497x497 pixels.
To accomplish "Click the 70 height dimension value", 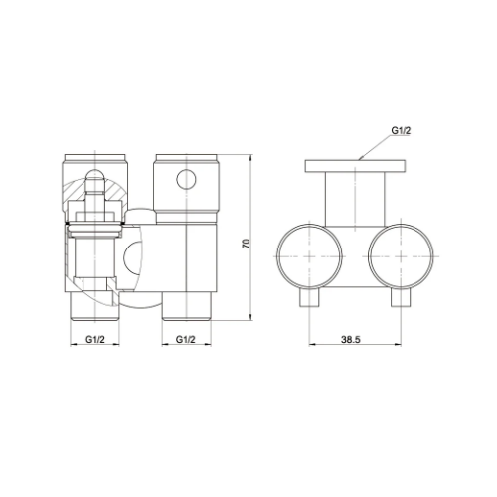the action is (247, 244).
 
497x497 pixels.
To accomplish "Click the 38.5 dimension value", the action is (351, 339).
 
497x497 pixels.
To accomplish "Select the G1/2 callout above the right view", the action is (401, 131).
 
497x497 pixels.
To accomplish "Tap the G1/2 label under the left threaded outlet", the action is (95, 339).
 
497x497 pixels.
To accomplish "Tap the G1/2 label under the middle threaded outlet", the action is (186, 339).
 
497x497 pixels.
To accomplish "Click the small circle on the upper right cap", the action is (186, 179).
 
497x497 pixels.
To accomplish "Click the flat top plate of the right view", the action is (356, 166).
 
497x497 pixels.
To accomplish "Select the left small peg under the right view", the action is (310, 297).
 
